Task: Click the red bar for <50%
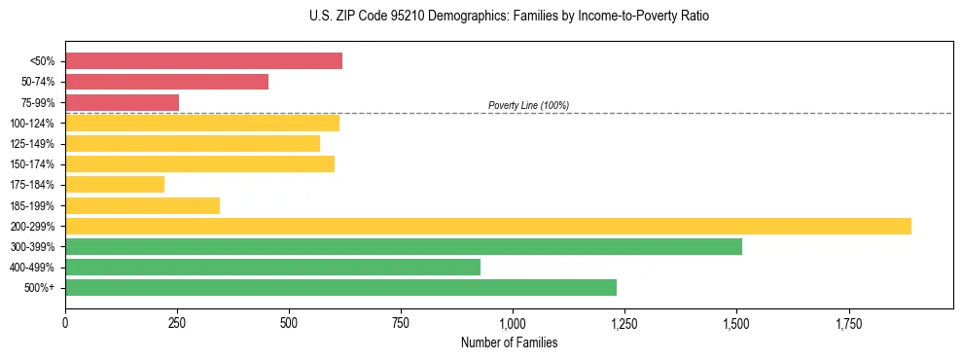203,60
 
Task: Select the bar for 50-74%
166,82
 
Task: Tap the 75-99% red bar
122,102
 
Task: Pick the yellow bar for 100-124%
202,123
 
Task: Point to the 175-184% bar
115,185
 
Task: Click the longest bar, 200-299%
488,227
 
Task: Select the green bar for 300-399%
404,247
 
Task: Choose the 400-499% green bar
272,268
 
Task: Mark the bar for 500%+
340,288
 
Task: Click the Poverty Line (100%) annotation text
528,105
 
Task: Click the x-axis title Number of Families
509,342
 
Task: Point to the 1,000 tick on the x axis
513,322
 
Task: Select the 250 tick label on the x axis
177,322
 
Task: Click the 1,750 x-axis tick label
848,322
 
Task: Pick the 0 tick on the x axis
65,322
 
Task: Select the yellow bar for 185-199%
142,205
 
